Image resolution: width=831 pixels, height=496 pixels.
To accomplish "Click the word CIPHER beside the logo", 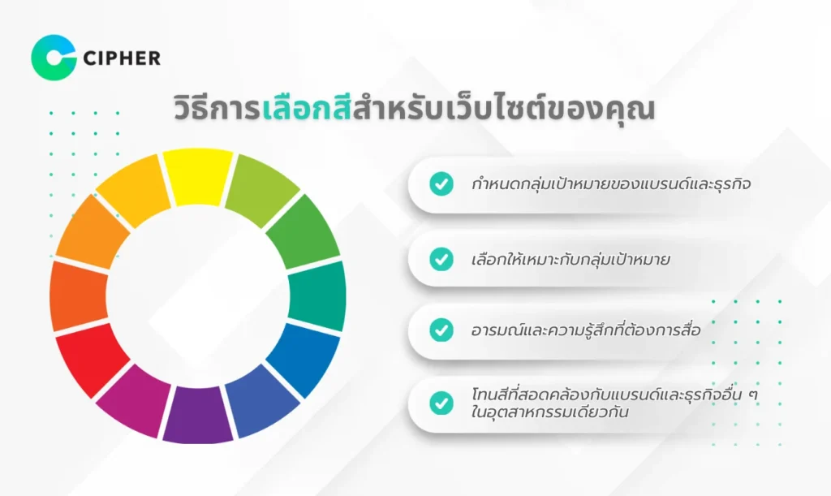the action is click(x=122, y=58).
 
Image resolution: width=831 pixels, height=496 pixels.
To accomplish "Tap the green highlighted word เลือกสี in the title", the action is click(x=306, y=109).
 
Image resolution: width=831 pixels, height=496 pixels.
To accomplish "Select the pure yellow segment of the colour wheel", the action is click(x=198, y=176).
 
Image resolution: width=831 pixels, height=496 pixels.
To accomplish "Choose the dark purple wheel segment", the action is click(x=198, y=415).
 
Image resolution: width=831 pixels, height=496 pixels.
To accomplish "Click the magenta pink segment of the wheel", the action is click(x=136, y=401).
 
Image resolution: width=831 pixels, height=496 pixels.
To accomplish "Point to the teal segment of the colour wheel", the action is click(x=317, y=295).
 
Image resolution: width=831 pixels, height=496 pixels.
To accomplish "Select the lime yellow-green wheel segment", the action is click(x=262, y=189).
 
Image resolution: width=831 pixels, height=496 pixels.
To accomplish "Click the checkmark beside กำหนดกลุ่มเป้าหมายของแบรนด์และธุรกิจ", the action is click(x=441, y=184).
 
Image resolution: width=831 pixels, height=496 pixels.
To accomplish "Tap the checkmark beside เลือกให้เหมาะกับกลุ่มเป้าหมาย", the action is click(x=441, y=259).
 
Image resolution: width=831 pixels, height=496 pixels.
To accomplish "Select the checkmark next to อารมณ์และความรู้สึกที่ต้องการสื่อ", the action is click(x=441, y=330).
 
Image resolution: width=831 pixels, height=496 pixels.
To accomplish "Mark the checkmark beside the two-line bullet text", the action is click(x=441, y=403).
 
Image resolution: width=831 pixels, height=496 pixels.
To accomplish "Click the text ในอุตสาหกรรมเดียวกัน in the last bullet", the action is click(x=549, y=412).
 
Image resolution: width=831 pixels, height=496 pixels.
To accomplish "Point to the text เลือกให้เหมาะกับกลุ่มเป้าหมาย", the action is click(x=571, y=260).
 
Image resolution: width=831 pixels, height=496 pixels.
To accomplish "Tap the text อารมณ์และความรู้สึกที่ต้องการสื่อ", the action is click(x=586, y=330).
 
